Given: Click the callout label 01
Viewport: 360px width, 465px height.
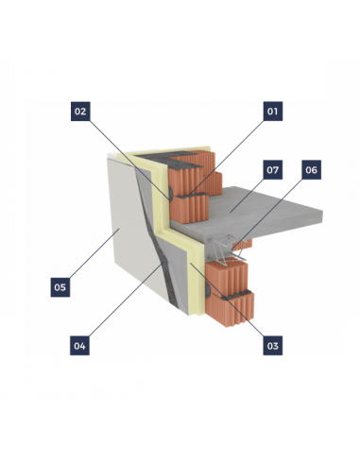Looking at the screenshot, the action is (273, 112).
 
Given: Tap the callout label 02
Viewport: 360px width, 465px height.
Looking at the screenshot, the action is (80, 112).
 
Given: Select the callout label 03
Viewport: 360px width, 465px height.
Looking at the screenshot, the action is (273, 346).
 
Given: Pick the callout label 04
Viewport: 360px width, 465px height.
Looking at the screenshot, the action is (79, 346).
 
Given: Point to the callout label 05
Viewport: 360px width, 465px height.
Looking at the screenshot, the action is (60, 287).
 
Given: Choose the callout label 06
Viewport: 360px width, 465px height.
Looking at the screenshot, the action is (312, 170).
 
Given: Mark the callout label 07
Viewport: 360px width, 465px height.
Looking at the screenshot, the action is (273, 170).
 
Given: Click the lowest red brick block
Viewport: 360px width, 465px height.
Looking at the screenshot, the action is (230, 310).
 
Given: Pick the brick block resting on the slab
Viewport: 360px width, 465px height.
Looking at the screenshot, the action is (189, 208).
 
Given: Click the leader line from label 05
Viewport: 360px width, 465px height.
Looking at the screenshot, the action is (94, 253).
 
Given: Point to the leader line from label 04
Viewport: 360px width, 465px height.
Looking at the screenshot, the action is (127, 300).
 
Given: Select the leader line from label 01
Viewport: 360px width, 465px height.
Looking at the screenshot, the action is (227, 157).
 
